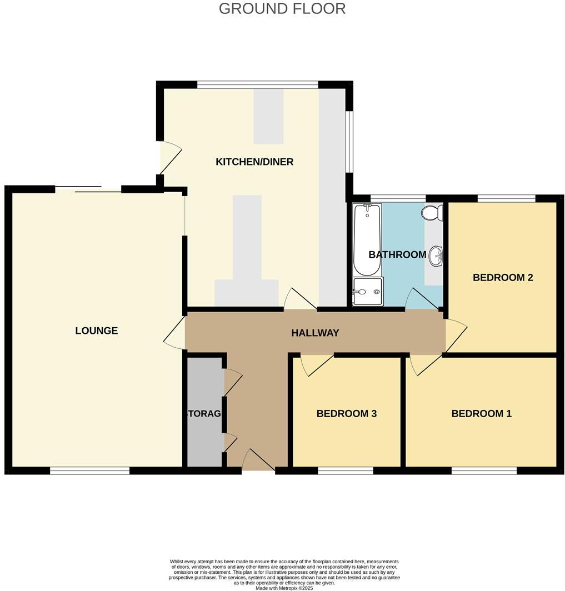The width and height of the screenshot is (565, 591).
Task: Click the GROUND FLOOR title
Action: click(x=282, y=9)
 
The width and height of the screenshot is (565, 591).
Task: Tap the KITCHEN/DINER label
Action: click(x=254, y=162)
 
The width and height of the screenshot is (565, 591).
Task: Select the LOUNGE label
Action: click(x=97, y=331)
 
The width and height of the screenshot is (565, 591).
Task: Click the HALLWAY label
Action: click(x=315, y=333)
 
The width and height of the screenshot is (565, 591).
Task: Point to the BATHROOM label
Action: click(x=397, y=255)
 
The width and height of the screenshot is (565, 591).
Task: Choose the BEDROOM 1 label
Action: click(x=481, y=414)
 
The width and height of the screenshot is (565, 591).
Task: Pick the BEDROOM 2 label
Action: click(x=503, y=278)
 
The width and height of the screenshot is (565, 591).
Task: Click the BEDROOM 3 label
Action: click(x=347, y=414)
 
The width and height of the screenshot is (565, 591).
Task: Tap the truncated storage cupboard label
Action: click(x=204, y=414)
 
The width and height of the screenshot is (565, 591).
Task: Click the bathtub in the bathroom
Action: click(x=367, y=240)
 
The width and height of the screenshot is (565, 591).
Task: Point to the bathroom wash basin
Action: click(x=436, y=256)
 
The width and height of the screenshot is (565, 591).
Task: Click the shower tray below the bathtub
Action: click(x=367, y=292)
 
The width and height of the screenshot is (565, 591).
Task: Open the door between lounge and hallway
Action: click(x=176, y=333)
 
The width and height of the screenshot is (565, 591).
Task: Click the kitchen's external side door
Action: click(x=169, y=158)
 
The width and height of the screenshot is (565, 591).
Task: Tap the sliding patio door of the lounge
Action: click(x=88, y=189)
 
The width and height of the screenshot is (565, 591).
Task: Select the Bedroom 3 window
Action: click(x=346, y=471)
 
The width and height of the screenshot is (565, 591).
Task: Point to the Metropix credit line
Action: click(x=284, y=588)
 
